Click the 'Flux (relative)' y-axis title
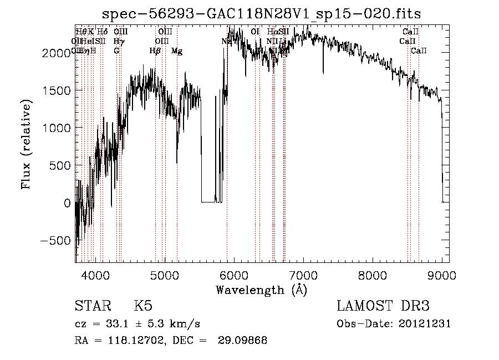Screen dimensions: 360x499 click(26, 145)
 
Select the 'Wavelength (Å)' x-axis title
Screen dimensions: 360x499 click(261, 290)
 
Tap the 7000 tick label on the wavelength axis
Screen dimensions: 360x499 click(303, 274)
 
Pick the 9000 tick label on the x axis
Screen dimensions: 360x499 click(442, 274)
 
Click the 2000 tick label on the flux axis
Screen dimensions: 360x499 click(59, 53)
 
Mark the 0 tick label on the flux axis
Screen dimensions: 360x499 click(68, 203)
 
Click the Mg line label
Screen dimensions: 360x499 click(177, 51)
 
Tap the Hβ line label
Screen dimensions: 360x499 click(155, 51)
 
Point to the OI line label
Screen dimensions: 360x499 click(255, 32)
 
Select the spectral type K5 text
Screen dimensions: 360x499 click(143, 306)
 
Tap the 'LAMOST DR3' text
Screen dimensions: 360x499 click(383, 306)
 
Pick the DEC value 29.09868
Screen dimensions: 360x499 click(245, 341)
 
